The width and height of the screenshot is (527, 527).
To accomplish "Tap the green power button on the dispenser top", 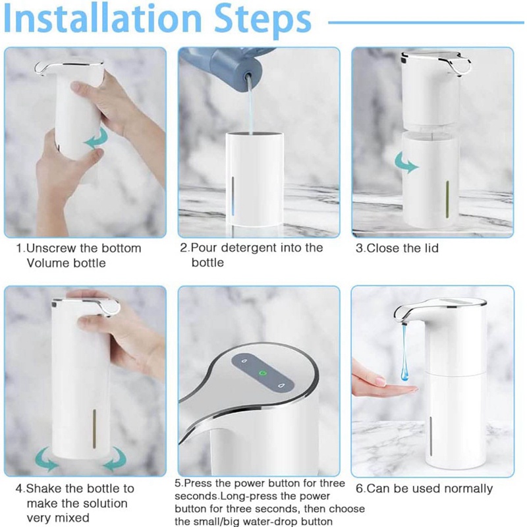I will (x=261, y=373).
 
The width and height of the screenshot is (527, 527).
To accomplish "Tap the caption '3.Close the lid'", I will (x=397, y=248).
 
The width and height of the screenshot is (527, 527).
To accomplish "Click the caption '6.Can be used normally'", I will (x=424, y=488).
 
